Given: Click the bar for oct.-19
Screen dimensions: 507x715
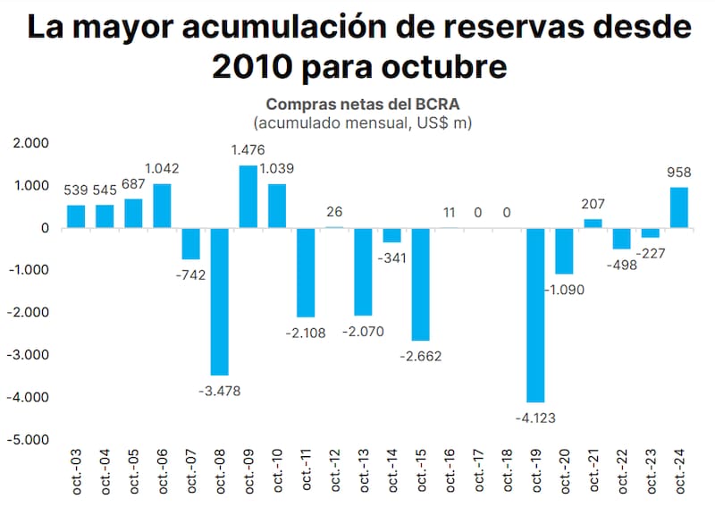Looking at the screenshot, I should click(535, 315).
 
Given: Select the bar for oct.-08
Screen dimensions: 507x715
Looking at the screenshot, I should click(219, 301).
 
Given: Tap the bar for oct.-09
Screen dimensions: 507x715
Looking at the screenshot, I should click(248, 197).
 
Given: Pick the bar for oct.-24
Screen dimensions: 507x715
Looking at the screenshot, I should click(678, 207).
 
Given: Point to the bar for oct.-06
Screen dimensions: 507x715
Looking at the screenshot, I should click(162, 206).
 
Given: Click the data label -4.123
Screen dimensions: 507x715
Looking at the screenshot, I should click(535, 417).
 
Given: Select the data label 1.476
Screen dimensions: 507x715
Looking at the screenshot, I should click(248, 150).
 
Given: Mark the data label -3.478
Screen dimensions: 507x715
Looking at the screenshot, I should click(218, 390).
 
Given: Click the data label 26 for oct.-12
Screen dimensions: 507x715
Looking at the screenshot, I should click(334, 212).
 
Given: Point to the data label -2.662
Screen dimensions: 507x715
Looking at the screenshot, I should click(420, 356).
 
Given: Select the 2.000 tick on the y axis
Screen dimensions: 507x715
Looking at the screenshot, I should click(30, 143).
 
